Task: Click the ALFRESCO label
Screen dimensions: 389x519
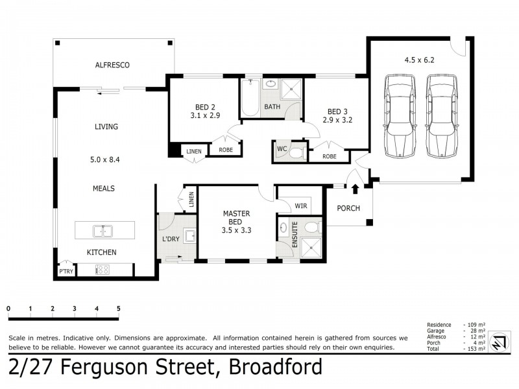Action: [113, 65]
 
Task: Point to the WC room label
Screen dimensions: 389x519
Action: [282, 150]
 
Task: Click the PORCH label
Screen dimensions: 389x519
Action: [349, 208]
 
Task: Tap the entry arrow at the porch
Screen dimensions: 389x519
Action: [355, 189]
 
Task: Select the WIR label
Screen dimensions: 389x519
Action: [300, 206]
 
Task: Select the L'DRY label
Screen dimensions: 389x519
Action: [171, 239]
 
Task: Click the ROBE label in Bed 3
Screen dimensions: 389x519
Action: [330, 156]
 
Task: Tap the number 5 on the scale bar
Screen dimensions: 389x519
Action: [119, 308]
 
